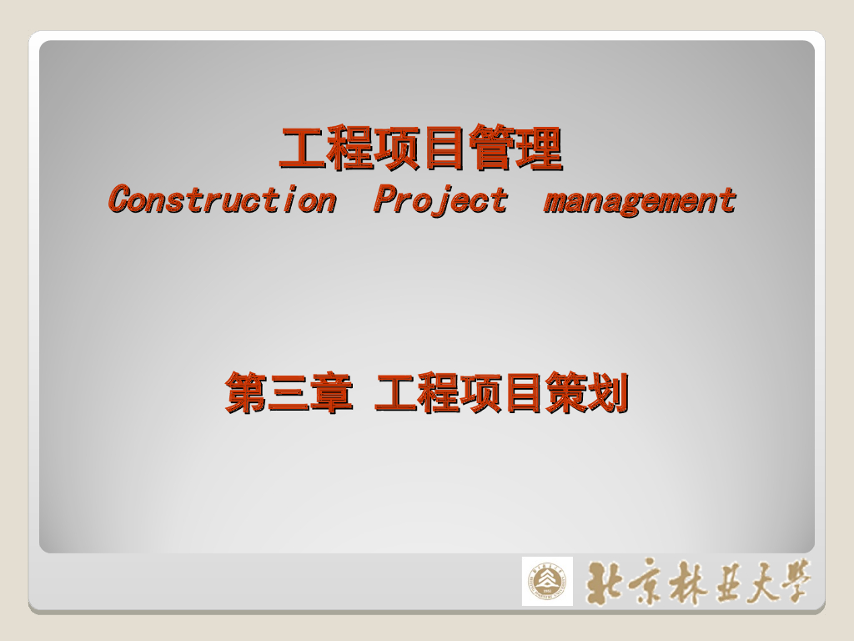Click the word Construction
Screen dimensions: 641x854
tap(222, 200)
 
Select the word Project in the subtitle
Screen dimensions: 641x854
tap(440, 200)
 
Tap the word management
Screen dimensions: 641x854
tap(640, 201)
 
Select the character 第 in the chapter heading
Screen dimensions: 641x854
tap(246, 393)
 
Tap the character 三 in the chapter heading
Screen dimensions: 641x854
tap(289, 393)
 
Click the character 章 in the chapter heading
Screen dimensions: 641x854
tap(331, 393)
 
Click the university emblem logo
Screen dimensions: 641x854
tap(547, 581)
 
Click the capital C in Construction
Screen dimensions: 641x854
tap(121, 200)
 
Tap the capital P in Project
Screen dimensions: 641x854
tap(384, 200)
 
